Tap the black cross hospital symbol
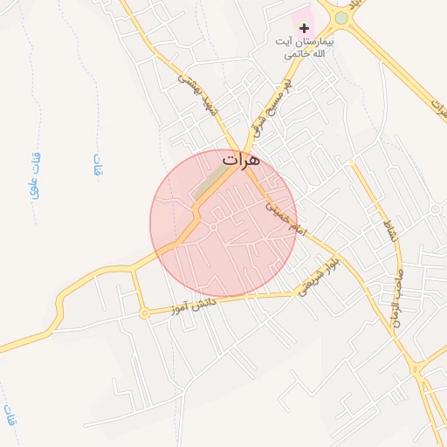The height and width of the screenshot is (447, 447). point(304,29)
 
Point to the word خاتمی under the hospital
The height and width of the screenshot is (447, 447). point(297,54)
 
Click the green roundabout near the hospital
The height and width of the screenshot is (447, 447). point(341,17)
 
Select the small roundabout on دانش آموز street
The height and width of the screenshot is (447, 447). point(143,313)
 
